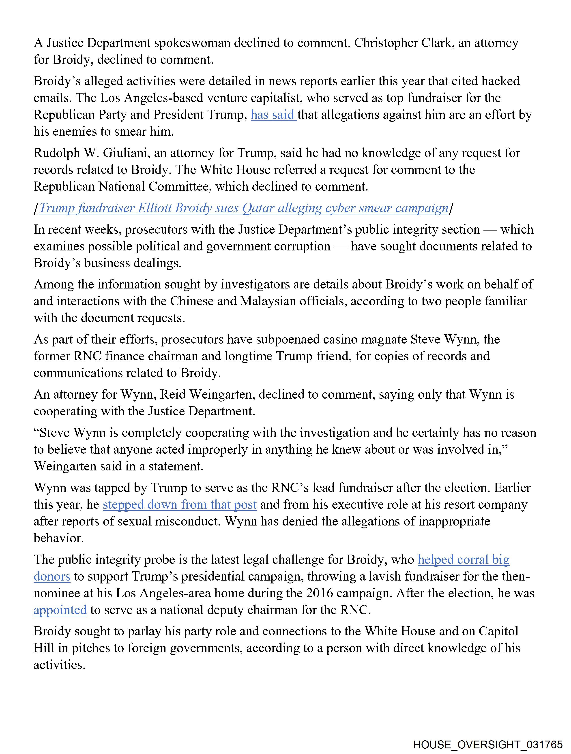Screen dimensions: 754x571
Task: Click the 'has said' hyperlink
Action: (x=274, y=115)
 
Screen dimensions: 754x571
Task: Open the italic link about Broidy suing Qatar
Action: (x=244, y=208)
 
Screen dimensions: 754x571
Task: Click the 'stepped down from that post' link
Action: (x=179, y=504)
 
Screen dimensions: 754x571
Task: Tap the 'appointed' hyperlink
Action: (x=60, y=610)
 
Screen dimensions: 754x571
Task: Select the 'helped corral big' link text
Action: (x=464, y=560)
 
